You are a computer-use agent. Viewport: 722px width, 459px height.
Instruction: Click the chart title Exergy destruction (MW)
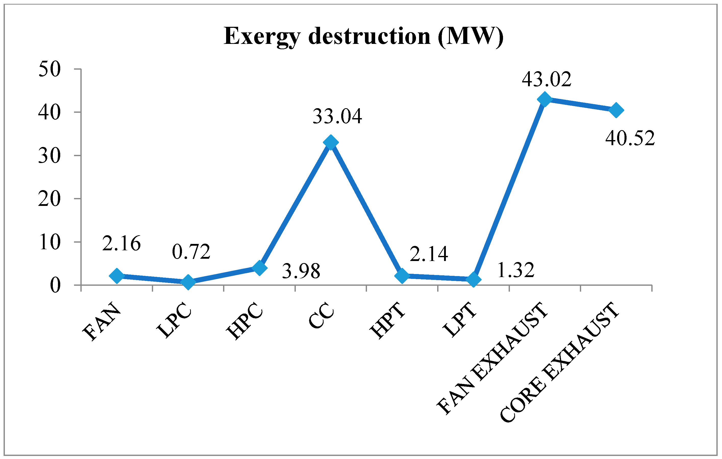click(363, 36)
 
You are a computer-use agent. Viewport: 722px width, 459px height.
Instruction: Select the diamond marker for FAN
click(117, 276)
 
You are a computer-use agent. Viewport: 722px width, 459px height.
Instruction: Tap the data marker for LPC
click(188, 282)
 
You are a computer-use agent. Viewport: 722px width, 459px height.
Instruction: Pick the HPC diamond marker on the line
click(260, 267)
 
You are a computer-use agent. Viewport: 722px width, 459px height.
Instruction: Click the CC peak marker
click(331, 142)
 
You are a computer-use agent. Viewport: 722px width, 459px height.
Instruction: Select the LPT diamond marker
click(474, 279)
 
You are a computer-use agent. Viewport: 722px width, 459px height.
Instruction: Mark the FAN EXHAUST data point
click(545, 99)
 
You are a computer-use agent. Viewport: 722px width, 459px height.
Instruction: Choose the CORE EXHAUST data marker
click(616, 110)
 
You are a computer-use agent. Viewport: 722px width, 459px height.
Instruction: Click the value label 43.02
click(547, 79)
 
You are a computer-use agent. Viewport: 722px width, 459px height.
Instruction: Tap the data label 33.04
click(337, 116)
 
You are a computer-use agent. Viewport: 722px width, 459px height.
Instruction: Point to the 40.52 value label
click(630, 139)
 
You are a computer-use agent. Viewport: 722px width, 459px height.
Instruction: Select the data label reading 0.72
click(191, 252)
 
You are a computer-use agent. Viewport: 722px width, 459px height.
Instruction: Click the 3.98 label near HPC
click(301, 271)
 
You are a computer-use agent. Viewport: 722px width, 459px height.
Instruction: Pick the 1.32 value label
click(516, 270)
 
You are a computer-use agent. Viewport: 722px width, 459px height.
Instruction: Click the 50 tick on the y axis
click(50, 70)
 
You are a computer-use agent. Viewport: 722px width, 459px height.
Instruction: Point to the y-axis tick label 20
click(50, 199)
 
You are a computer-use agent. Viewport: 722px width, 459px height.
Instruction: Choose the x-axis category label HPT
click(388, 321)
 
